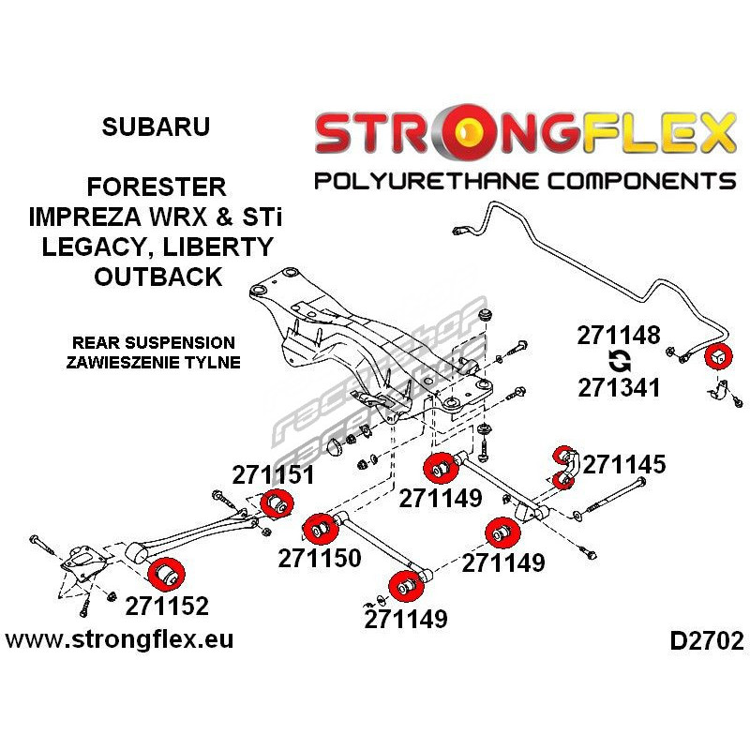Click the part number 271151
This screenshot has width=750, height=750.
pyautogui.click(x=273, y=474)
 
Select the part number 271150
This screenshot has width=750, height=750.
pyautogui.click(x=319, y=559)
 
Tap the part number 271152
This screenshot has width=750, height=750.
pyautogui.click(x=166, y=605)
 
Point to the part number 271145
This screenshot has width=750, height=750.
pyautogui.click(x=624, y=464)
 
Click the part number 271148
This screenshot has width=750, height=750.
pyautogui.click(x=620, y=336)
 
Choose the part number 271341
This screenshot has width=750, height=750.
pyautogui.click(x=620, y=386)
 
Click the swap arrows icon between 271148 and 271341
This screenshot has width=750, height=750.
pyautogui.click(x=620, y=361)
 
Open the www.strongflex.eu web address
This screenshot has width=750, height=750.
pyautogui.click(x=120, y=640)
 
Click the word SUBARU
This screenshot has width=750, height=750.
pyautogui.click(x=155, y=127)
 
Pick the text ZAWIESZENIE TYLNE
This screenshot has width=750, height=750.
pyautogui.click(x=155, y=362)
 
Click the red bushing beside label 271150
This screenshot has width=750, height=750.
pyautogui.click(x=322, y=529)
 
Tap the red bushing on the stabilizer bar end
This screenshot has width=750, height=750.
pyautogui.click(x=717, y=356)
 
